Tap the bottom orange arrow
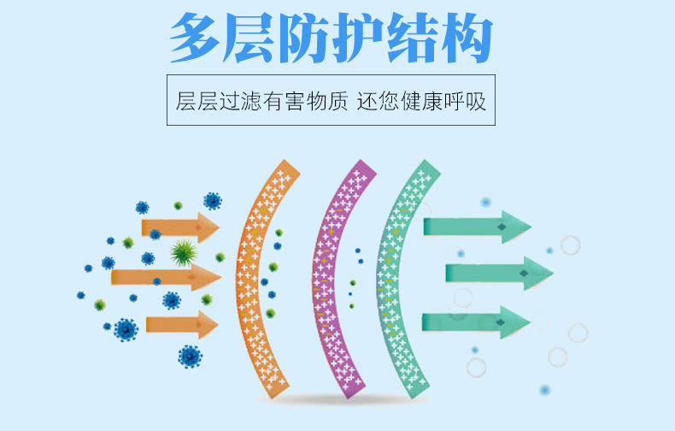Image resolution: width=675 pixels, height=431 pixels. [x=181, y=324]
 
